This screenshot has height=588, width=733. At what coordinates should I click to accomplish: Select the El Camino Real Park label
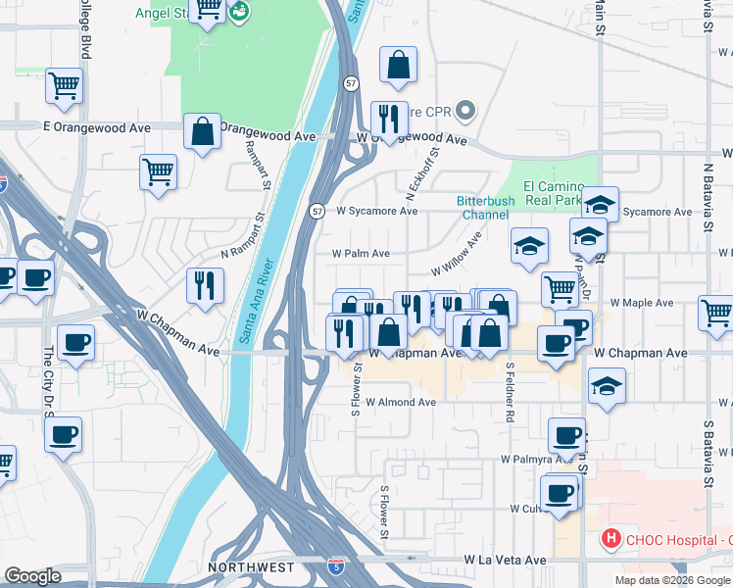tap(554, 193)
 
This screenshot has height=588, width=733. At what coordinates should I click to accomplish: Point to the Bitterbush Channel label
tap(484, 208)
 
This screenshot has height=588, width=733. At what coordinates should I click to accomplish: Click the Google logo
tap(32, 576)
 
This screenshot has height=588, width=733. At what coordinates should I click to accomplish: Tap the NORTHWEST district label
tap(251, 567)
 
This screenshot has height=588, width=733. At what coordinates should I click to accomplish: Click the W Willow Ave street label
tap(457, 256)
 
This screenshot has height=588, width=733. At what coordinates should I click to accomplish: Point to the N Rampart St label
tap(243, 237)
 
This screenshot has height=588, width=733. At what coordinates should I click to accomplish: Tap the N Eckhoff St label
tap(423, 173)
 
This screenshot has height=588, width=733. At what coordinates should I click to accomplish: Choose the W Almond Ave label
tap(401, 402)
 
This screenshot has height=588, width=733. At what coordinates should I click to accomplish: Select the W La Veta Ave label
tap(505, 560)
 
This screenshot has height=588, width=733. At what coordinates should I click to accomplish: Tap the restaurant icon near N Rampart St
tap(206, 285)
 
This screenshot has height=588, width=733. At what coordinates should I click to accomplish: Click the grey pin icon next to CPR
tap(466, 112)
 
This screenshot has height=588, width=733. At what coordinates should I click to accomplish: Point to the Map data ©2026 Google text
tap(672, 580)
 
